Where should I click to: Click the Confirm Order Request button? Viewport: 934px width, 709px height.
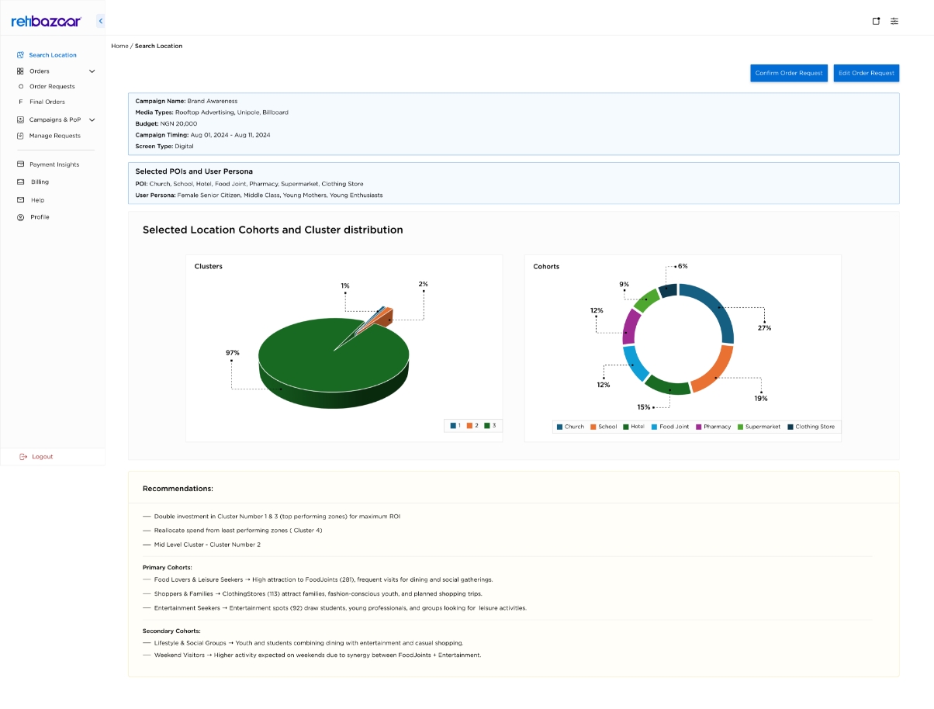coord(788,73)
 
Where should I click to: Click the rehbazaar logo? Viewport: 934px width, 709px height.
coord(46,21)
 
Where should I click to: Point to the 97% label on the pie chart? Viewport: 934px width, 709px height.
coord(232,353)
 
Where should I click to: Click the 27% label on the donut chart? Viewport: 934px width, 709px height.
coord(764,328)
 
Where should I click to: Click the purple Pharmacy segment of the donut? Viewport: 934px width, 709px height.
coord(630,327)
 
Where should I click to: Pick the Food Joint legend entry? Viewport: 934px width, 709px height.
coord(669,427)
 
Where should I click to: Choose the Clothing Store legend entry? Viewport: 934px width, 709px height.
coord(811,427)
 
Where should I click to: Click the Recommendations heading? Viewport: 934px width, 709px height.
coord(178,489)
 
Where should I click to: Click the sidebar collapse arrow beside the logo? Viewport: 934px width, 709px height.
coord(101,21)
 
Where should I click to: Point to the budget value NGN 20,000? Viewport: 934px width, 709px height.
coord(178,124)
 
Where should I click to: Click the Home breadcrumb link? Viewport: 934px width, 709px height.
coord(119,46)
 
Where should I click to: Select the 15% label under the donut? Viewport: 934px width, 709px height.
coord(643,407)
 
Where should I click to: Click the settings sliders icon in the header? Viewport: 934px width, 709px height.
coord(894,21)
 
